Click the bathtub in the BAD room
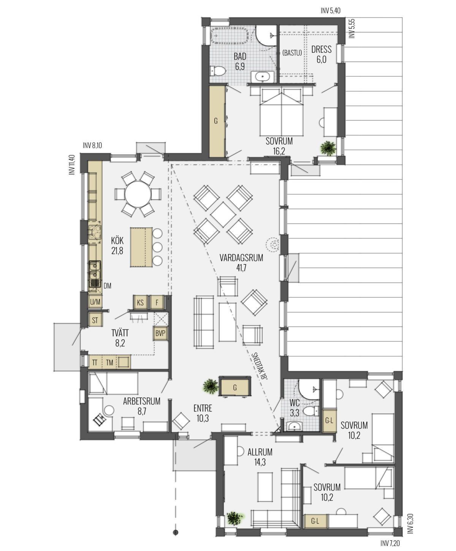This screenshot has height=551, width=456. pyautogui.click(x=229, y=36)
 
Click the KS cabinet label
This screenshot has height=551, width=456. pyautogui.click(x=140, y=302)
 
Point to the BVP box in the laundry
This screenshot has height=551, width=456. pyautogui.click(x=160, y=333)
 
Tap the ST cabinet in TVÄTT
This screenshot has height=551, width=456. pyautogui.click(x=95, y=320)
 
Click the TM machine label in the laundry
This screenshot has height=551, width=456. pyautogui.click(x=109, y=363)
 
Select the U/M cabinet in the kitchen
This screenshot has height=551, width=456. pyautogui.click(x=95, y=302)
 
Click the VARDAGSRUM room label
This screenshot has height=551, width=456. pyautogui.click(x=241, y=258)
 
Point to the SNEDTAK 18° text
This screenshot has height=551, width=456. pyautogui.click(x=260, y=366)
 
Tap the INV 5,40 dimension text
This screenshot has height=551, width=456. pyautogui.click(x=331, y=11)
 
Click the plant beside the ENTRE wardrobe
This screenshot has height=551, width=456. pyautogui.click(x=211, y=386)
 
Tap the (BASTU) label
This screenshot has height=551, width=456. pyautogui.click(x=292, y=53)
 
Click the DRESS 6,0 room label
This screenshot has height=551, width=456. pyautogui.click(x=321, y=54)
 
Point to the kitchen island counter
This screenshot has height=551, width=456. pyautogui.click(x=141, y=247)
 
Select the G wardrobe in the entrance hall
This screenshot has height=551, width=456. pyautogui.click(x=235, y=387)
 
